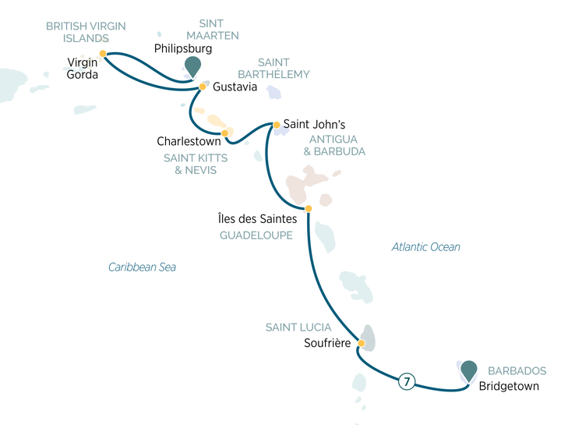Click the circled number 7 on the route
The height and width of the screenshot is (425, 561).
click(406, 382)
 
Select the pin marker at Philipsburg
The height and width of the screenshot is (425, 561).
click(191, 66)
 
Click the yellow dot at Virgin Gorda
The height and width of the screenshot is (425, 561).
click(103, 54)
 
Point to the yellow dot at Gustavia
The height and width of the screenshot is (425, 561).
click(203, 87)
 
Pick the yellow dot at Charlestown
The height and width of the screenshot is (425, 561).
click(224, 133)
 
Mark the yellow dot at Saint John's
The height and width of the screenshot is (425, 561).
click(276, 124)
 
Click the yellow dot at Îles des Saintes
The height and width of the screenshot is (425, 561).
click(309, 208)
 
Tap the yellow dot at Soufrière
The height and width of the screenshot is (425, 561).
click(362, 343)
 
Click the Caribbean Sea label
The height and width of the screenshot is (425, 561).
click(142, 267)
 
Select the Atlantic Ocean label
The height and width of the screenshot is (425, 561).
click(425, 247)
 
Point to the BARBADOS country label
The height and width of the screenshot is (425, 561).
click(517, 371)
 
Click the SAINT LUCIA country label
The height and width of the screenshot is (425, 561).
click(298, 328)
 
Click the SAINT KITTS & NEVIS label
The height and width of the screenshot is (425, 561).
click(190, 163)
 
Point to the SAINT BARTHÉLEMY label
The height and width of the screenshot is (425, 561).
click(283, 69)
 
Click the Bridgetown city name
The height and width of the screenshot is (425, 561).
click(509, 386)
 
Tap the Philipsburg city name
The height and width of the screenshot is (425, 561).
click(183, 48)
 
